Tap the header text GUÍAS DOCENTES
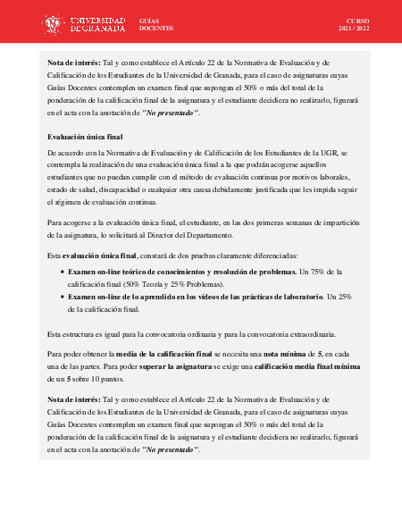tap(156, 23)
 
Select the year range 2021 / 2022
tap(356, 28)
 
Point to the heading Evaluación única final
tap(85, 137)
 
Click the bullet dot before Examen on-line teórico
tap(62, 272)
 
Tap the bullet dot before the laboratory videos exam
tap(62, 297)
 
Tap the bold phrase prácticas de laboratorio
tap(264, 297)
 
